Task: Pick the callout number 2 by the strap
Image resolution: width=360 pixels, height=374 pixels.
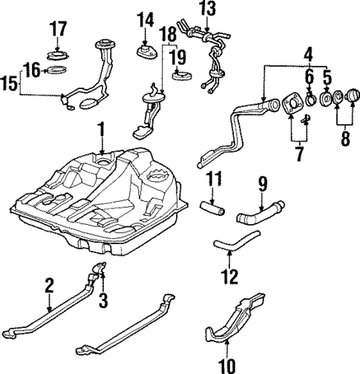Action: pyautogui.click(x=49, y=284)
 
